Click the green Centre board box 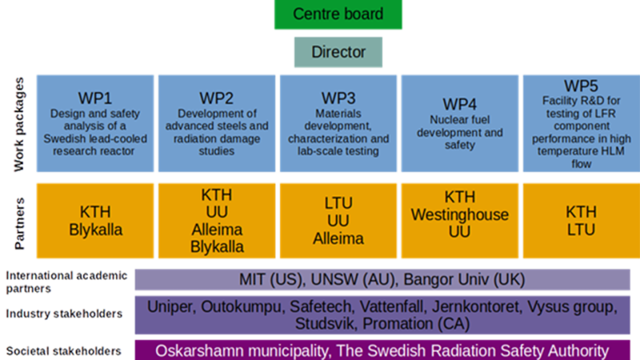[338, 14]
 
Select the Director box [338, 53]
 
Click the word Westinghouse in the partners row [460, 214]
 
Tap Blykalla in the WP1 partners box [96, 230]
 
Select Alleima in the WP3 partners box [338, 238]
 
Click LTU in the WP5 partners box [581, 230]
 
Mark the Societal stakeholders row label [64, 351]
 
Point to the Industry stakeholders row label [64, 313]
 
